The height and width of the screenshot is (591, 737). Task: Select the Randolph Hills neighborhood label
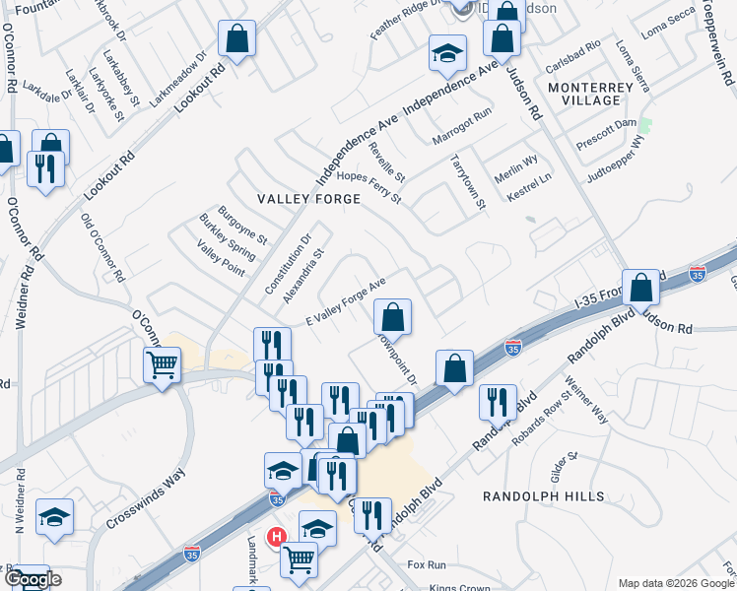[x=543, y=496]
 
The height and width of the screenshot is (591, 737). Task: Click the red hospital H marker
[x=278, y=537]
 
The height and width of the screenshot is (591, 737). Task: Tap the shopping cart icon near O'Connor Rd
[x=162, y=366]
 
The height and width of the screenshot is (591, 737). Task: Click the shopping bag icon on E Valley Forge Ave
[x=392, y=317]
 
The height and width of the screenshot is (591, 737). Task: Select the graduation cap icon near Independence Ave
[x=447, y=53]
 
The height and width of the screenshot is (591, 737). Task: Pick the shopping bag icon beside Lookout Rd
[x=236, y=39]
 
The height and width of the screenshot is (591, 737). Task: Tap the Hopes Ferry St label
[x=368, y=186]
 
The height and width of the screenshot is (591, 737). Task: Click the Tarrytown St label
[x=468, y=180]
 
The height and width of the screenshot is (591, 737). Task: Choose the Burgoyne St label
[x=242, y=225]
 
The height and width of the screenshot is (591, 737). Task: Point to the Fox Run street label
[x=427, y=565]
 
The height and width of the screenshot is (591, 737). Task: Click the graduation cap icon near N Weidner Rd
[x=54, y=517]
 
